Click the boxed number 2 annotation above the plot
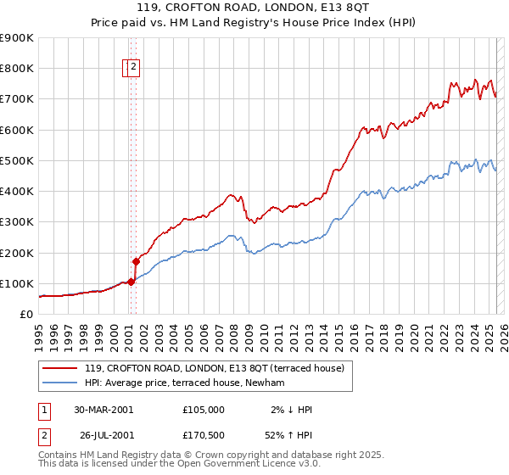(134, 68)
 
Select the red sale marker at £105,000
(131, 282)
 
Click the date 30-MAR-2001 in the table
(103, 410)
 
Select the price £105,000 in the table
(204, 410)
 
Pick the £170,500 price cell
(204, 435)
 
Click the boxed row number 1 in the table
(42, 410)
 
